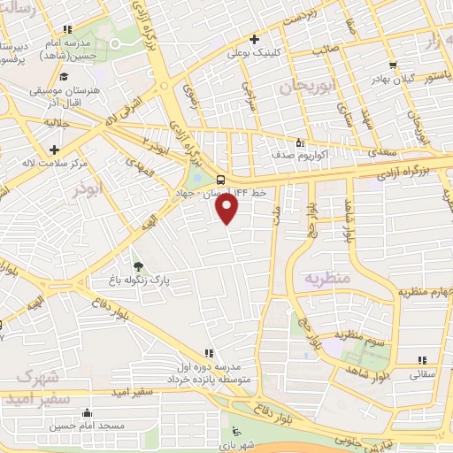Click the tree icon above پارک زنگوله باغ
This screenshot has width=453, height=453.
click(136, 265)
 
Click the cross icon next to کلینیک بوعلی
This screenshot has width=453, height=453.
click(254, 40)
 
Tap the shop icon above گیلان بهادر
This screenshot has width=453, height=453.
click(393, 65)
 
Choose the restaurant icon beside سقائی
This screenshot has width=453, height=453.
click(421, 359)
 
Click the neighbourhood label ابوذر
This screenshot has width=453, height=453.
click(89, 189)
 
